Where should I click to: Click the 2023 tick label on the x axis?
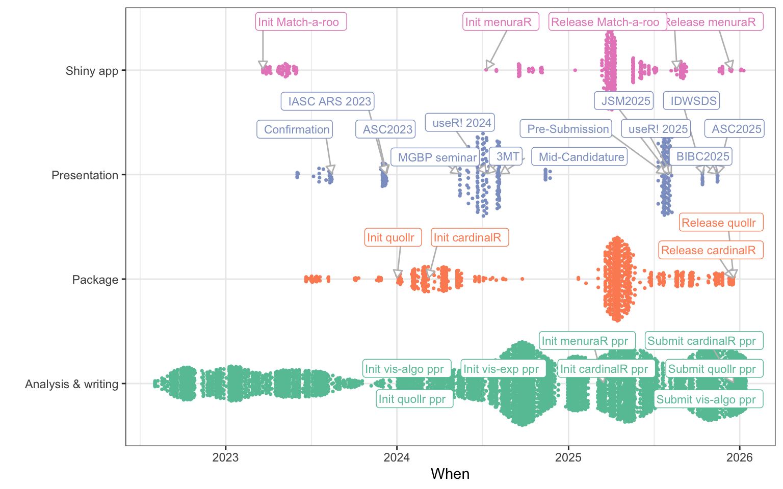(225, 457)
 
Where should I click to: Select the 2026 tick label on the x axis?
(739, 457)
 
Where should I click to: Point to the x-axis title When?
(450, 474)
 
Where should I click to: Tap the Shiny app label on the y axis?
(92, 71)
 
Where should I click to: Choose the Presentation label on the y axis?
(85, 175)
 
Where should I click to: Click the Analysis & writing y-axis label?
(71, 384)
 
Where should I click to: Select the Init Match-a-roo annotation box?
(301, 22)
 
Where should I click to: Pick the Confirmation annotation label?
(295, 129)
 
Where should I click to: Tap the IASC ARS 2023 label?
(328, 101)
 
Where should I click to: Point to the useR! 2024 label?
(460, 123)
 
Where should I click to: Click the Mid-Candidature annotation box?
(579, 157)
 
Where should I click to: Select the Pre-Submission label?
(566, 129)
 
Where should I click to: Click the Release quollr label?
(721, 223)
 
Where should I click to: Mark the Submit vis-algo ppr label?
(709, 399)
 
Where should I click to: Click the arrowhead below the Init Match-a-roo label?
(263, 66)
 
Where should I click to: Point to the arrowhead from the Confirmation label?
(331, 170)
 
